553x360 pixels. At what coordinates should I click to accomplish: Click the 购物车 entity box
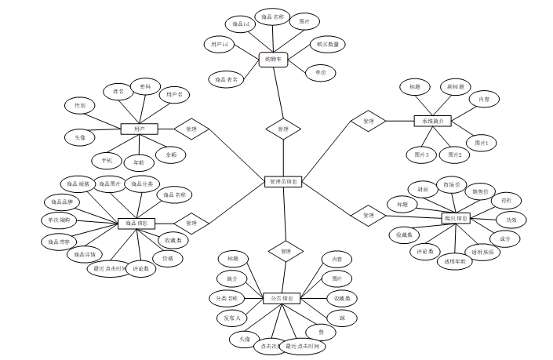tap(275, 60)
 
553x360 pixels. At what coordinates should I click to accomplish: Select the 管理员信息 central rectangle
tap(282, 181)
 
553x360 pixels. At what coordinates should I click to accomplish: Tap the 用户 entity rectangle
tap(140, 129)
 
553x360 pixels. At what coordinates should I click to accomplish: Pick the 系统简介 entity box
tap(433, 121)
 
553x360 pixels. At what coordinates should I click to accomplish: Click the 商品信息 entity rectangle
tap(136, 224)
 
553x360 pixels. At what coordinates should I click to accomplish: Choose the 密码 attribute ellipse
tap(145, 86)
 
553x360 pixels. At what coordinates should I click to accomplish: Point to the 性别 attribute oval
tap(80, 105)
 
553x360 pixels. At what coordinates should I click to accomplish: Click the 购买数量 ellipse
tap(328, 45)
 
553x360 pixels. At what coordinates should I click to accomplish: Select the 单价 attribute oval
tap(320, 72)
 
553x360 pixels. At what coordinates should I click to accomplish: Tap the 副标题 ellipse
tap(454, 85)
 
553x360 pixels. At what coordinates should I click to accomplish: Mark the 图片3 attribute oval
tap(421, 155)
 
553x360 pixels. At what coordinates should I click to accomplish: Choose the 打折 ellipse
tap(507, 200)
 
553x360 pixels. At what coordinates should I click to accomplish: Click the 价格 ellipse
tap(168, 257)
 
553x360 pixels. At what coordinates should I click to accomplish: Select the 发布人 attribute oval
tap(232, 318)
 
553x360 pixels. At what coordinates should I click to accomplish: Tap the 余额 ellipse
tap(171, 155)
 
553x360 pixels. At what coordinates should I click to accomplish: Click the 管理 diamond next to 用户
tap(191, 129)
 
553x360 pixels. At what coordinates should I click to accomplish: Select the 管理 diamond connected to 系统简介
tap(368, 121)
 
